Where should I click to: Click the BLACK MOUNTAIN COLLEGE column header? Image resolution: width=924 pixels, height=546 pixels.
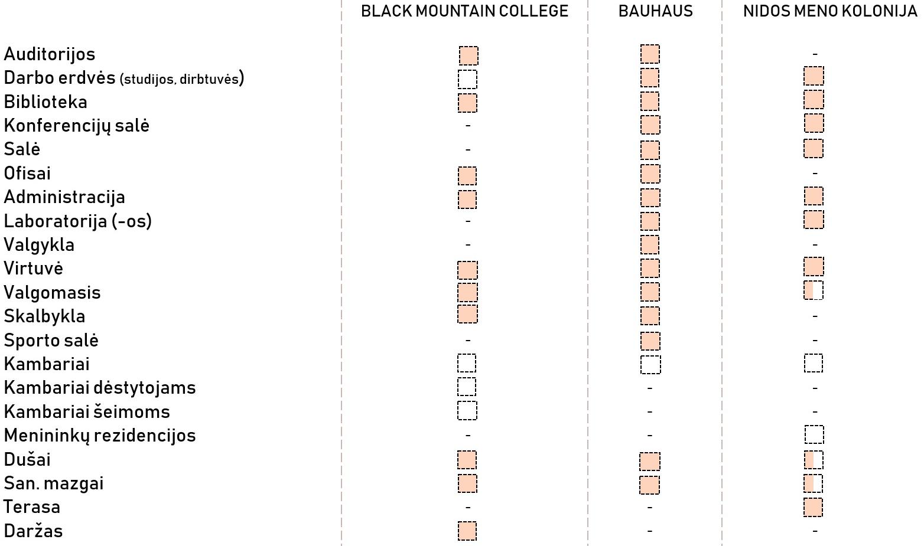(x=464, y=11)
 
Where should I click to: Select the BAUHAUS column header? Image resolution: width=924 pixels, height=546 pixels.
(x=655, y=11)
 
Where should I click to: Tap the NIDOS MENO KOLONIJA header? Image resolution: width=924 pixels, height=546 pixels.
(x=830, y=11)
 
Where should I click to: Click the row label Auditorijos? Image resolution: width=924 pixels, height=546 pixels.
(x=50, y=54)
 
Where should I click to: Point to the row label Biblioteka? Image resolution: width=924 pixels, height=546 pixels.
(x=45, y=102)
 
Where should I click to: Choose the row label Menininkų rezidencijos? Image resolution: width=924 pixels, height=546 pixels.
(x=100, y=436)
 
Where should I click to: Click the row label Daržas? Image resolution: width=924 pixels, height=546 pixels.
(x=33, y=531)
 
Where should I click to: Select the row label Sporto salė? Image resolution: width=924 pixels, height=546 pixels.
(x=51, y=341)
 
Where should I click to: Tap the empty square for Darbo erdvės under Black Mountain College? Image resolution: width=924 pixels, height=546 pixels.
(x=467, y=79)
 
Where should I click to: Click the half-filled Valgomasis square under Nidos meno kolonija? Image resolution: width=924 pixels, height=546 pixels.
(x=814, y=290)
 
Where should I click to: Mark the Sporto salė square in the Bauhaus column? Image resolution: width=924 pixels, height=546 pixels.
(x=650, y=341)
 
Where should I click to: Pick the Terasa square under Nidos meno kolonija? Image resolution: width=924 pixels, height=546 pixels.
(x=814, y=507)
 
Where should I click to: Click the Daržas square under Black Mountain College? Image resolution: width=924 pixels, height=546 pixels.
(x=467, y=531)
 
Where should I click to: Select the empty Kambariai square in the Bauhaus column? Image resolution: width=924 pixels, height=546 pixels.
(x=650, y=364)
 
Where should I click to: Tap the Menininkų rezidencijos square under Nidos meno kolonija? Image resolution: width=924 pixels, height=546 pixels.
(x=814, y=435)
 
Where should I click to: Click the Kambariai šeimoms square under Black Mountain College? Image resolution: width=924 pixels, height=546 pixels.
(x=467, y=411)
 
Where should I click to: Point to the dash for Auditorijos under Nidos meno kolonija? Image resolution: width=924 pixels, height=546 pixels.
(x=815, y=54)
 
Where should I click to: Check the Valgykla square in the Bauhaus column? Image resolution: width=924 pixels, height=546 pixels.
(x=650, y=244)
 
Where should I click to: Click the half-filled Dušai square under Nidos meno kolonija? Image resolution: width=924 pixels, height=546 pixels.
(x=814, y=460)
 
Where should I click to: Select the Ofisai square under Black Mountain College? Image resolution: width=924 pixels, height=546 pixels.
(x=467, y=175)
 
